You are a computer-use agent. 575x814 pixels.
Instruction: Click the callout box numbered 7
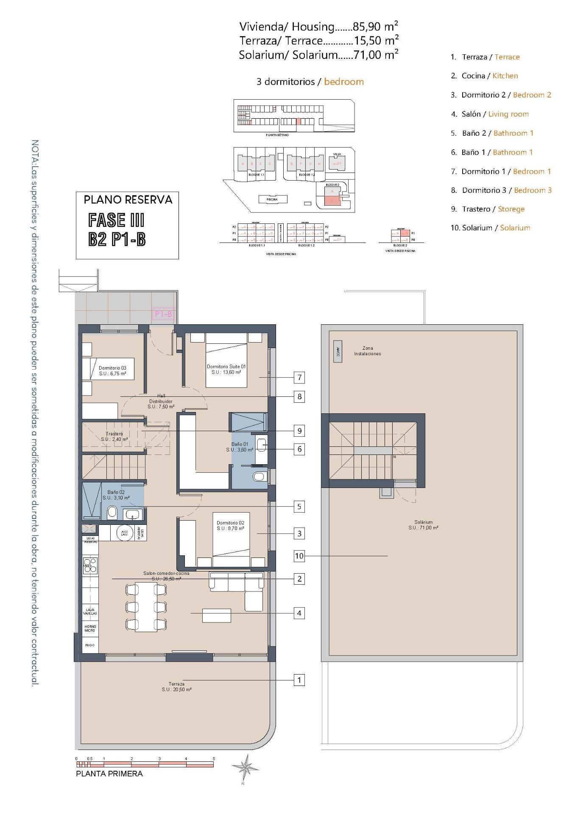click(x=299, y=377)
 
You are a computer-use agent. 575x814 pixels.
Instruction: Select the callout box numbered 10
click(x=299, y=555)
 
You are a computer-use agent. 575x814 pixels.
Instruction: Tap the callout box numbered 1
click(x=299, y=680)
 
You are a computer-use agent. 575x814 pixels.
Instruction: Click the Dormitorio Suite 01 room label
click(x=226, y=369)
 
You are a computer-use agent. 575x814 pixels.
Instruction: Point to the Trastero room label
click(x=114, y=436)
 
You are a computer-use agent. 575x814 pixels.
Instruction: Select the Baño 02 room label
click(x=116, y=495)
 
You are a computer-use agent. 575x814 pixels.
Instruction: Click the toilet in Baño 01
click(x=258, y=477)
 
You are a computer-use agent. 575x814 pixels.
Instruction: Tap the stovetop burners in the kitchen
click(x=90, y=566)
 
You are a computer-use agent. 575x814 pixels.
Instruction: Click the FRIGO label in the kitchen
click(x=90, y=645)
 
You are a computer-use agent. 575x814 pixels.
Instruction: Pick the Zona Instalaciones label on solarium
click(x=367, y=351)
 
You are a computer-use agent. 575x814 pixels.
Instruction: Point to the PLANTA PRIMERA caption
click(x=109, y=774)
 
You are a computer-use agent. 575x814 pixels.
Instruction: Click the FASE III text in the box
click(x=116, y=220)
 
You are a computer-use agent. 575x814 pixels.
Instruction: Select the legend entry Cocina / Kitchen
click(x=489, y=76)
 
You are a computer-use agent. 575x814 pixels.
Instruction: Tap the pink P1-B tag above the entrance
click(x=163, y=314)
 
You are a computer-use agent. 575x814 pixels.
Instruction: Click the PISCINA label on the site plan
click(x=272, y=199)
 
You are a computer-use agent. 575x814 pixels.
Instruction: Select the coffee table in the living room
click(x=216, y=615)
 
